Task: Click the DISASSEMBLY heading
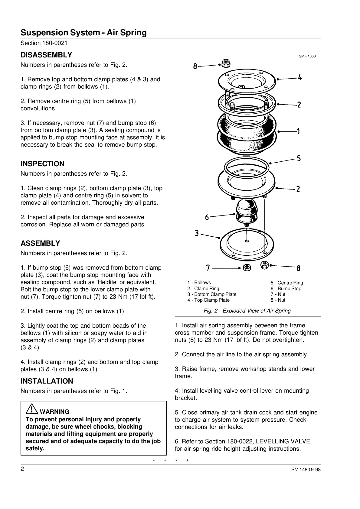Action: point(46,55)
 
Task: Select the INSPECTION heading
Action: point(42,164)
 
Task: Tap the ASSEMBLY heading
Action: point(40,243)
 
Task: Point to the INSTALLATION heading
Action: point(47,381)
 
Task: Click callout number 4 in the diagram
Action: point(299,77)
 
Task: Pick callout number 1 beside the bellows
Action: point(299,131)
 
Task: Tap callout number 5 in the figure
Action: point(299,158)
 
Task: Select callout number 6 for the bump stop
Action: point(207,217)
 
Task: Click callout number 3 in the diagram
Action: point(197,233)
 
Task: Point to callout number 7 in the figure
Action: point(208,268)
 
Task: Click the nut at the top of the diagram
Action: point(225,63)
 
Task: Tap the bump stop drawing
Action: point(247,212)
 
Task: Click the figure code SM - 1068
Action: point(307,56)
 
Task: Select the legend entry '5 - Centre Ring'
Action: point(287,283)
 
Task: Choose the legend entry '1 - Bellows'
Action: point(199,283)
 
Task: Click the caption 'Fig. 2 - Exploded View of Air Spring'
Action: point(247,311)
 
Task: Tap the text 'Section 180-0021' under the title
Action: point(44,43)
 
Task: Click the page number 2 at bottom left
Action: point(22,469)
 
